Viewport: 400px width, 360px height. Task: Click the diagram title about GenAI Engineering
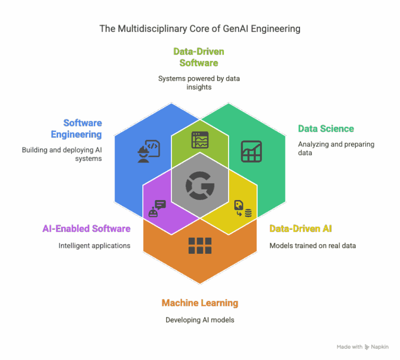coord(200,29)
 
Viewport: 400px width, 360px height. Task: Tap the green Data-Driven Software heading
coord(198,57)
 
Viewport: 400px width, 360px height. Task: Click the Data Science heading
coord(326,128)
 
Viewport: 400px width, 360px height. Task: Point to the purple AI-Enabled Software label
coord(86,228)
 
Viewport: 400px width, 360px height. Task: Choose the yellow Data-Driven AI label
coord(300,228)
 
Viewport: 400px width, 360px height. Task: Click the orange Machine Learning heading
coord(200,303)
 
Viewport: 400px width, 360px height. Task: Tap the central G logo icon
coord(200,185)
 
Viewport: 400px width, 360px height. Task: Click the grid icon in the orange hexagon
coord(200,245)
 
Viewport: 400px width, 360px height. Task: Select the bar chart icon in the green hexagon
coord(252,151)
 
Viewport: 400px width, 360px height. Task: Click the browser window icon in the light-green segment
coord(200,140)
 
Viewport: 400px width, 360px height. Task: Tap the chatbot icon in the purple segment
coord(157,208)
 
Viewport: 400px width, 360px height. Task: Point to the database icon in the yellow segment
coord(243,208)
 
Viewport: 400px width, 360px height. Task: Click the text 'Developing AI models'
coord(200,319)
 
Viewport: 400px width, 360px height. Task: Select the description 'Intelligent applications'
coord(94,245)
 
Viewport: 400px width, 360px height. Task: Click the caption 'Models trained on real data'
coord(312,245)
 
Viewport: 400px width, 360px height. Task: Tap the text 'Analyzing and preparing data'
coord(336,148)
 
